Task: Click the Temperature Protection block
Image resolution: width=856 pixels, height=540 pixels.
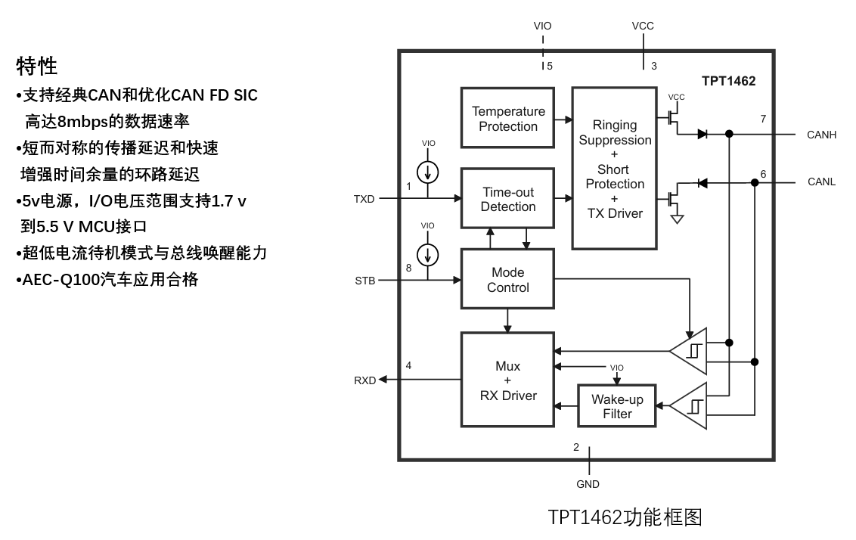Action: click(x=508, y=119)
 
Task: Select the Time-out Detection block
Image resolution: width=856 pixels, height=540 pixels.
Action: click(x=508, y=199)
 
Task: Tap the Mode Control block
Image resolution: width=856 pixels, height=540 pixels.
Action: click(x=508, y=280)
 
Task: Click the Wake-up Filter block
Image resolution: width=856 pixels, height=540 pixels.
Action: click(x=617, y=406)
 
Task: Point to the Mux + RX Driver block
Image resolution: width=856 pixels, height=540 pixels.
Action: click(x=508, y=380)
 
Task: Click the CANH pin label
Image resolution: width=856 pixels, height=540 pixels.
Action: click(x=822, y=135)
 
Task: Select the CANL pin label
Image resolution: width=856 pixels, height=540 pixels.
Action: click(x=822, y=182)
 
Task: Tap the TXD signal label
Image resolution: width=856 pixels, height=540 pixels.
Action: click(x=364, y=200)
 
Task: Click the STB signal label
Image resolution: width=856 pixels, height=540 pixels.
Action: click(x=364, y=281)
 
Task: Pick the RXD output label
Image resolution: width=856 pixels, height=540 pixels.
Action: click(x=364, y=380)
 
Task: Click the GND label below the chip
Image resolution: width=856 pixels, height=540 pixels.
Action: click(x=588, y=484)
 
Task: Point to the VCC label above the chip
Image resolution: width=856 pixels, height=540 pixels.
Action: click(x=643, y=26)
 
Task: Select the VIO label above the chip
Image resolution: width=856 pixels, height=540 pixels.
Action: click(x=542, y=26)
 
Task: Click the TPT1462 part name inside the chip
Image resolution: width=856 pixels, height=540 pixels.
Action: click(x=728, y=80)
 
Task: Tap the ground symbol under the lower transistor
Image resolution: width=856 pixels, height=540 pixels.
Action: click(x=678, y=219)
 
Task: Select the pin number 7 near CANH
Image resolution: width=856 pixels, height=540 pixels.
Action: click(x=763, y=119)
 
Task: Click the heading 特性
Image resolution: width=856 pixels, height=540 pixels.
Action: click(x=37, y=67)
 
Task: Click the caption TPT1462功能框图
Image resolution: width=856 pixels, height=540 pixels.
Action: click(x=625, y=517)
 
